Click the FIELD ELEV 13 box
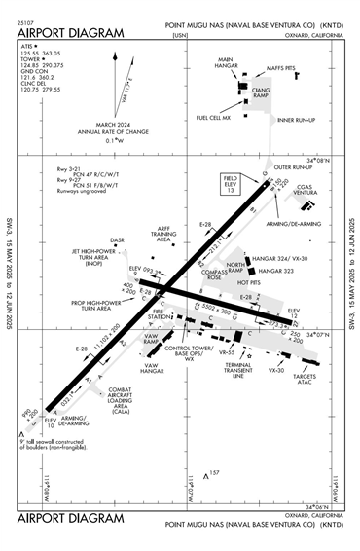click(232, 185)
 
